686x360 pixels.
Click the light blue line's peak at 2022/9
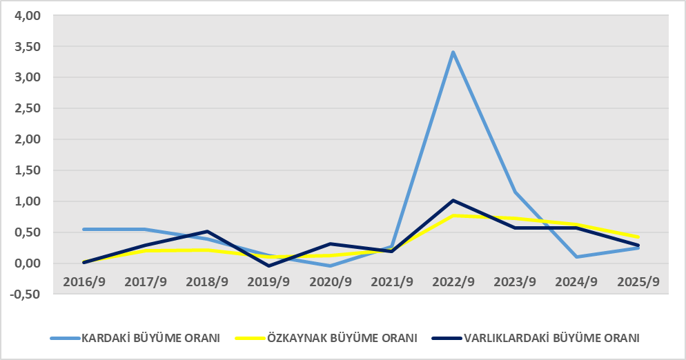click(x=453, y=52)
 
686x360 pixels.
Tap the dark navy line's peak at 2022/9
click(x=453, y=200)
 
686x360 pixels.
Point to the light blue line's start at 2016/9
click(x=84, y=229)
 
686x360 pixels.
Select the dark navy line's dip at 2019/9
click(x=268, y=266)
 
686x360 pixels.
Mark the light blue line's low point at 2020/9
click(x=330, y=266)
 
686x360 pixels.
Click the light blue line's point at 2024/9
click(x=576, y=257)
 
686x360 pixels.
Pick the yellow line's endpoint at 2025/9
click(x=638, y=237)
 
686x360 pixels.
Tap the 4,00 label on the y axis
click(x=28, y=16)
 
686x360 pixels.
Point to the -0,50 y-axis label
click(x=26, y=294)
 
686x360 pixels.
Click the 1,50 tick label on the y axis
click(x=28, y=170)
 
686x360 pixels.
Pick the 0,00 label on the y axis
click(x=28, y=263)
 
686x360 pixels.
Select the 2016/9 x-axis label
click(x=84, y=281)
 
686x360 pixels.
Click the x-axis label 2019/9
click(x=268, y=281)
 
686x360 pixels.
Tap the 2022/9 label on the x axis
click(x=453, y=281)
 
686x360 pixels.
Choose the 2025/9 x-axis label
click(x=638, y=281)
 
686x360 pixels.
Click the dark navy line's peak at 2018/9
click(x=207, y=232)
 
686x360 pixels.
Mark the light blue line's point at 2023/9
click(x=515, y=192)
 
